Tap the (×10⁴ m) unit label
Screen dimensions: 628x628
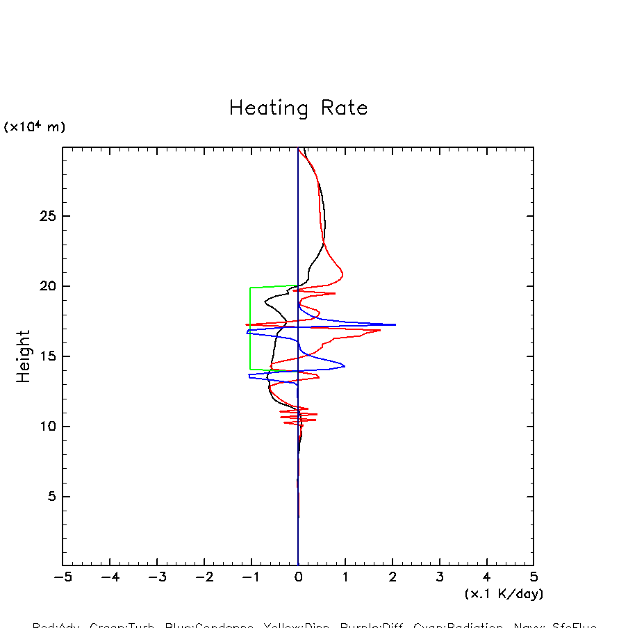(x=35, y=127)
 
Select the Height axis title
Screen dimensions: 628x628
(x=24, y=356)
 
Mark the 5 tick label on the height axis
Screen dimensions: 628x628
(x=50, y=497)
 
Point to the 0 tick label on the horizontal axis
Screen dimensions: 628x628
(x=298, y=577)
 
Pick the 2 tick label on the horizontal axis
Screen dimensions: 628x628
(x=392, y=577)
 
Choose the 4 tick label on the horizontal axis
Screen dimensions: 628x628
(x=486, y=577)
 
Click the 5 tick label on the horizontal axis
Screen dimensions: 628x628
(x=534, y=577)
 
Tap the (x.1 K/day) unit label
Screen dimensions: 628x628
(x=504, y=595)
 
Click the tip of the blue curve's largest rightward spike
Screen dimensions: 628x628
(x=395, y=324)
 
